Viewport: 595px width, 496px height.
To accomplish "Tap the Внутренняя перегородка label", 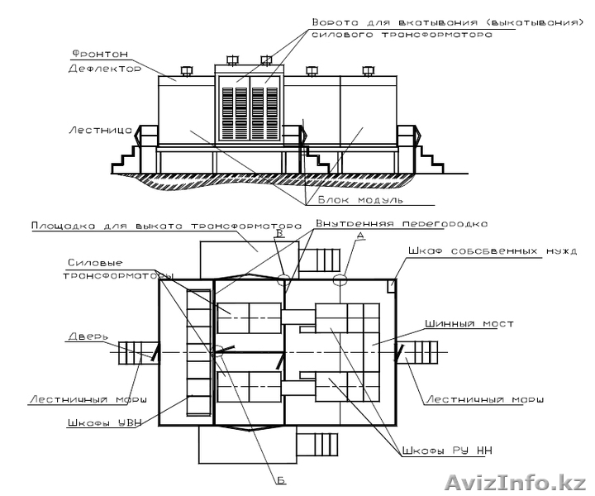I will (401, 224).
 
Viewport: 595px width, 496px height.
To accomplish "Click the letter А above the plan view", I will (360, 236).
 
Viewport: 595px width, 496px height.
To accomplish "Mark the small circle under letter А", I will (340, 280).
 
